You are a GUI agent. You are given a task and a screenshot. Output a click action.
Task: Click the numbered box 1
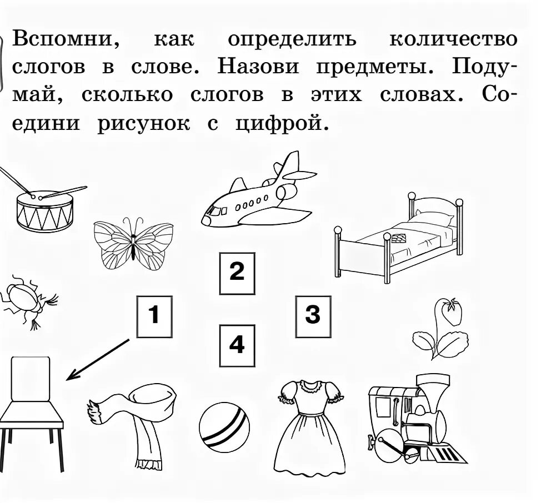coord(154,316)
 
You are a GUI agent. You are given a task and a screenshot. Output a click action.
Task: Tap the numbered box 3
coord(313,316)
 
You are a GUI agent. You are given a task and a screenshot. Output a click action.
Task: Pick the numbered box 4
coord(237,346)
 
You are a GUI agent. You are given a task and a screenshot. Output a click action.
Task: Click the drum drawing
coord(44,211)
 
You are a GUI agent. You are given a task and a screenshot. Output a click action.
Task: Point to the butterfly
coord(133,243)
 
